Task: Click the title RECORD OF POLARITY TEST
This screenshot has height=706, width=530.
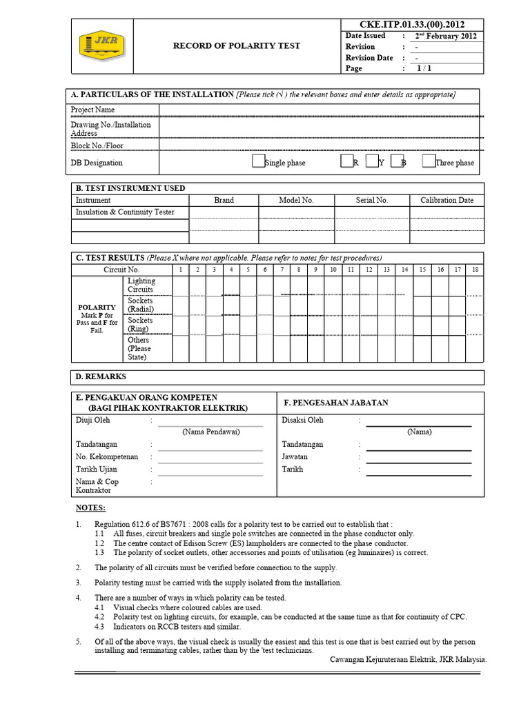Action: point(236,46)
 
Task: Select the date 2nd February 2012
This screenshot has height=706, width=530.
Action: point(446,36)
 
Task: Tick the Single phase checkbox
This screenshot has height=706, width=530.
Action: point(257,162)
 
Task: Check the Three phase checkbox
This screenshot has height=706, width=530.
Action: point(428,162)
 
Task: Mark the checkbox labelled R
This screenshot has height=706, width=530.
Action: point(346,162)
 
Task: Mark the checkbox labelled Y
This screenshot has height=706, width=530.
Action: point(372,162)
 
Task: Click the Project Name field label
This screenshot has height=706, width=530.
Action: point(93,110)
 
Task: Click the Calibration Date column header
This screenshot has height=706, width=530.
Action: point(446,200)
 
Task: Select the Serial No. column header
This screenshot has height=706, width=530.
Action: point(371,200)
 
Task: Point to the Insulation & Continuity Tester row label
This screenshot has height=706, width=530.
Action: point(124,212)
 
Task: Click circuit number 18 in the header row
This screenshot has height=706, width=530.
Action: point(475,270)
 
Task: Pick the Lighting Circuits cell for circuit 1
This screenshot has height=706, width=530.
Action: point(179,285)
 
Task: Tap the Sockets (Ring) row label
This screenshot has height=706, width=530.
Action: point(140,325)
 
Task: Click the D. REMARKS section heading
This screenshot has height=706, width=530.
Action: point(101,376)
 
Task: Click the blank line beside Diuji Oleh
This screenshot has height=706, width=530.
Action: point(210,422)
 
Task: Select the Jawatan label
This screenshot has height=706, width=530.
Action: point(295,456)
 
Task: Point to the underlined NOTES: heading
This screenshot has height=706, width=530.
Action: point(90,508)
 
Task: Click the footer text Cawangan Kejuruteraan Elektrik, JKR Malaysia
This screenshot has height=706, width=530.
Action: point(409,659)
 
